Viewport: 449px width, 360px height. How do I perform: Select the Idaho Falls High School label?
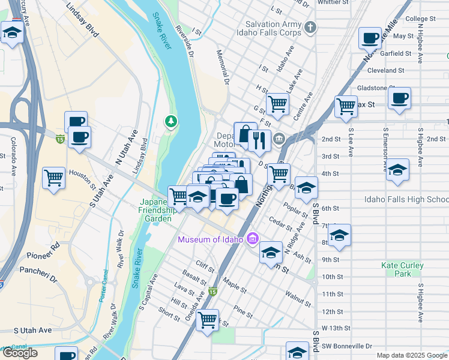[x=406, y=199]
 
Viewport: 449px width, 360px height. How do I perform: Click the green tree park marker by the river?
[x=172, y=122]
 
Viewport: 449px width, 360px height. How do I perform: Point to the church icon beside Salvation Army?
[x=310, y=27]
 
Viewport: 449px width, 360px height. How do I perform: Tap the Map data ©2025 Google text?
[x=412, y=355]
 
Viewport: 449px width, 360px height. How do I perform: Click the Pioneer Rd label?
[x=47, y=246]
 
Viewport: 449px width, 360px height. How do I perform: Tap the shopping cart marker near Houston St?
[x=54, y=178]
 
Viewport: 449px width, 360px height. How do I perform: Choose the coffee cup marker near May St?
[x=370, y=38]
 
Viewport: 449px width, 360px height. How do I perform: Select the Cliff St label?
[x=205, y=264]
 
